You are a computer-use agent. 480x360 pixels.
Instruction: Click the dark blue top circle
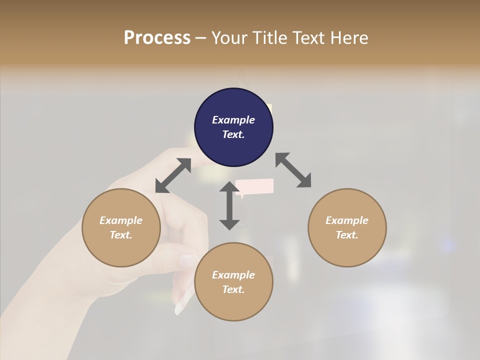[233, 127]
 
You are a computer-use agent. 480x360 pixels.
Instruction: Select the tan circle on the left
[121, 227]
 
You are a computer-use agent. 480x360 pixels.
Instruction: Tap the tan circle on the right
[347, 227]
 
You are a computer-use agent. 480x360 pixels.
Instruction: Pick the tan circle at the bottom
[233, 282]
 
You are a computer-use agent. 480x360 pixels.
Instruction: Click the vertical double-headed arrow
[229, 205]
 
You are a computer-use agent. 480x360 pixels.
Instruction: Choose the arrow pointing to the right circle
[293, 170]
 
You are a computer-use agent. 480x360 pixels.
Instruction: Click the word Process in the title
[157, 37]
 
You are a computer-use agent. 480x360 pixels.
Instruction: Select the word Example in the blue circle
[233, 120]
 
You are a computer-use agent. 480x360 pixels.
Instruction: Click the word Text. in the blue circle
[233, 134]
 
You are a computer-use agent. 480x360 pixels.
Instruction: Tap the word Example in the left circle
[121, 220]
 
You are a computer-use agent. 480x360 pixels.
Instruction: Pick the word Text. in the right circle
[347, 235]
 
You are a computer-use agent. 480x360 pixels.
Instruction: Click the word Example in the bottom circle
[233, 275]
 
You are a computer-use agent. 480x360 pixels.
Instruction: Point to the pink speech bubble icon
[255, 186]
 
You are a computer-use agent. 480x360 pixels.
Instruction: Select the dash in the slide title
[200, 37]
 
